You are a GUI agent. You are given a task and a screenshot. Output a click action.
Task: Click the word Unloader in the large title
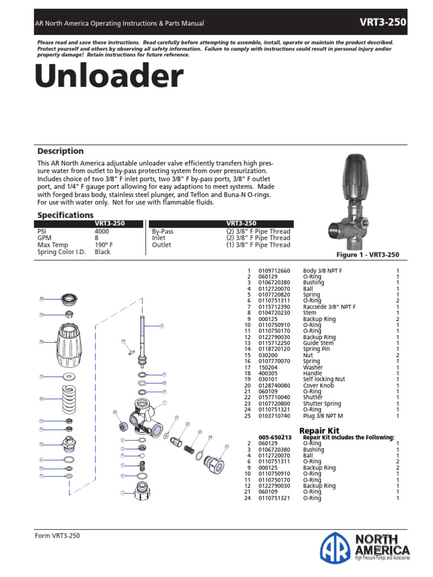(x=109, y=77)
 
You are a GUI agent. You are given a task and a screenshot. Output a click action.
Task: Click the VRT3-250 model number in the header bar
(x=383, y=23)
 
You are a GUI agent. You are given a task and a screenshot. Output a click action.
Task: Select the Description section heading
(x=60, y=151)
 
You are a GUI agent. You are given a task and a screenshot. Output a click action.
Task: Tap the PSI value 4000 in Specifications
(x=103, y=232)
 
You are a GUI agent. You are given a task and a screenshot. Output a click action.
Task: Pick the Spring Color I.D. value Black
(x=103, y=252)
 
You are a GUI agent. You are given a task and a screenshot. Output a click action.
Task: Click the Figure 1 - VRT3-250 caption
(x=368, y=255)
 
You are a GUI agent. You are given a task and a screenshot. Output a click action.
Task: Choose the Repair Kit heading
(x=319, y=430)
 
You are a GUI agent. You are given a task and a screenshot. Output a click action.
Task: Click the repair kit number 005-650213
(x=275, y=437)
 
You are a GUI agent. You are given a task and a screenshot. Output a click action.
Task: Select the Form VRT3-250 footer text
(x=58, y=536)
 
